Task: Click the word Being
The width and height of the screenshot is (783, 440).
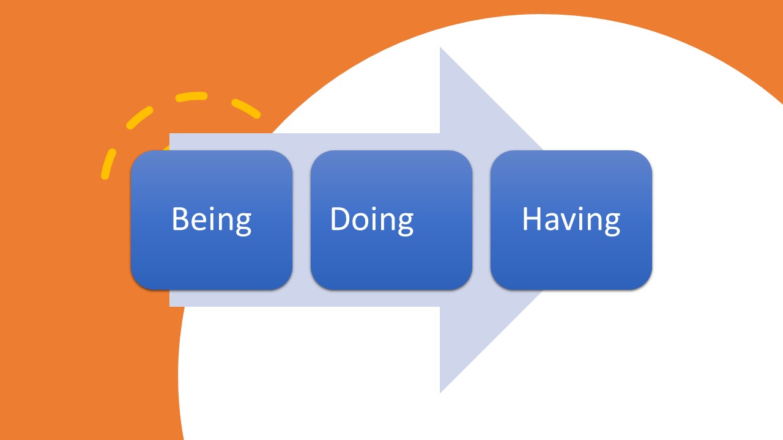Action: (211, 219)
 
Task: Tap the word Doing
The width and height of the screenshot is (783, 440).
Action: (371, 219)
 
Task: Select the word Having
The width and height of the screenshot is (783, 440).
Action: (571, 219)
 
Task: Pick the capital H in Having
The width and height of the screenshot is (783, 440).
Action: (532, 219)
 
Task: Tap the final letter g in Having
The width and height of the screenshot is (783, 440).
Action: (610, 223)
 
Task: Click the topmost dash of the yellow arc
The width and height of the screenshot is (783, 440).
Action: (191, 97)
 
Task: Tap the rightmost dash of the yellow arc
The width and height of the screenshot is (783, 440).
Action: (246, 108)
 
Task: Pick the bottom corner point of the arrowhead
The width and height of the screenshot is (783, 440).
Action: (441, 391)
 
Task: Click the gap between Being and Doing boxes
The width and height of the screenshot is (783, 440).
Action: (302, 220)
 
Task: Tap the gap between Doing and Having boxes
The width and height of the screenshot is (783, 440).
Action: (481, 220)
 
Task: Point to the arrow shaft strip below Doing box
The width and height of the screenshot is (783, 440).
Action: (391, 298)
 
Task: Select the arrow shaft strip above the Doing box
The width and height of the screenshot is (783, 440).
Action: (391, 141)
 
